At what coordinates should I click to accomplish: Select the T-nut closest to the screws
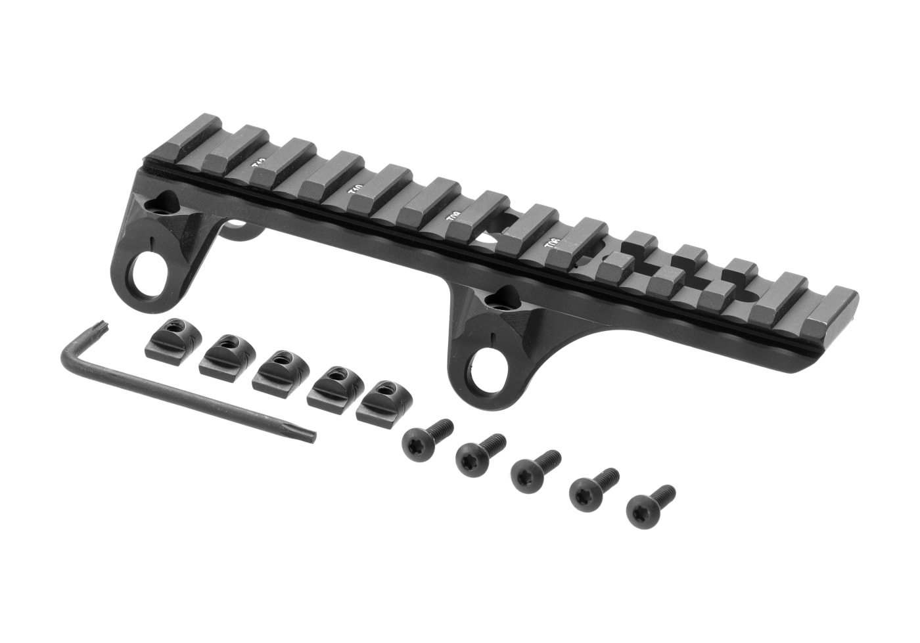(380, 400)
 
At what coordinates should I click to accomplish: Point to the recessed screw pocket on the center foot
(507, 299)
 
